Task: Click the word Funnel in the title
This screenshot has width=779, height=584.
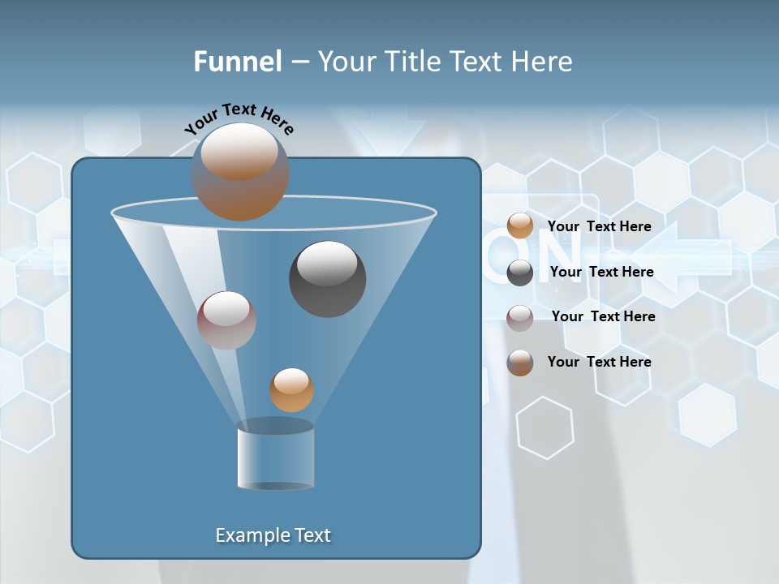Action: [237, 62]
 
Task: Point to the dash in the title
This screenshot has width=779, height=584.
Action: [299, 62]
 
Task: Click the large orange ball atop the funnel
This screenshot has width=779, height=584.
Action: [240, 172]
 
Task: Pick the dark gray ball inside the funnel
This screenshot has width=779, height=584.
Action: [328, 279]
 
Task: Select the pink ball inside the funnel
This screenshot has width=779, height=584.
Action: [226, 320]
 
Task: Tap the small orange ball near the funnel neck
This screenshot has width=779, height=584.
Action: [291, 390]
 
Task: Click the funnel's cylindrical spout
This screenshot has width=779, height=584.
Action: [275, 456]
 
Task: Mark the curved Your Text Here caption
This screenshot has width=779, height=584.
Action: [239, 118]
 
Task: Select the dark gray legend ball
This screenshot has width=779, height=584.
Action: [520, 273]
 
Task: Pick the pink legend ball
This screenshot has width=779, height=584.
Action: [520, 317]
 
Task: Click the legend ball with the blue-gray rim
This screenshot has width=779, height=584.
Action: [520, 363]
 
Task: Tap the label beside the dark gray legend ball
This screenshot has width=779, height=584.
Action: [601, 272]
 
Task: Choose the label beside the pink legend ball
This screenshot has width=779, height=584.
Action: [603, 316]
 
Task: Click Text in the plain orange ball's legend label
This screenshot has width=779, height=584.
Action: [601, 226]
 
